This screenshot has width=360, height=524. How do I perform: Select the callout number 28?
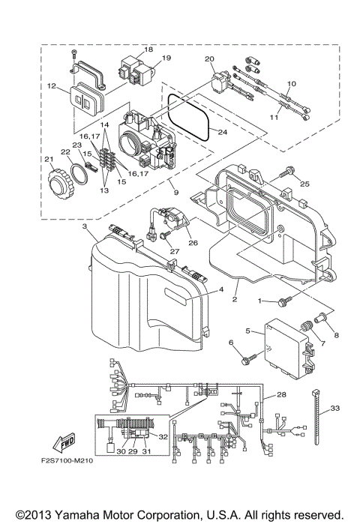281,394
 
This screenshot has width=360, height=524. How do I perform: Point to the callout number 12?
52,86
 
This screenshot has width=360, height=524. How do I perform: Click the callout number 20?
209,58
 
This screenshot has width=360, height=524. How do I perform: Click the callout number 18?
148,49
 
